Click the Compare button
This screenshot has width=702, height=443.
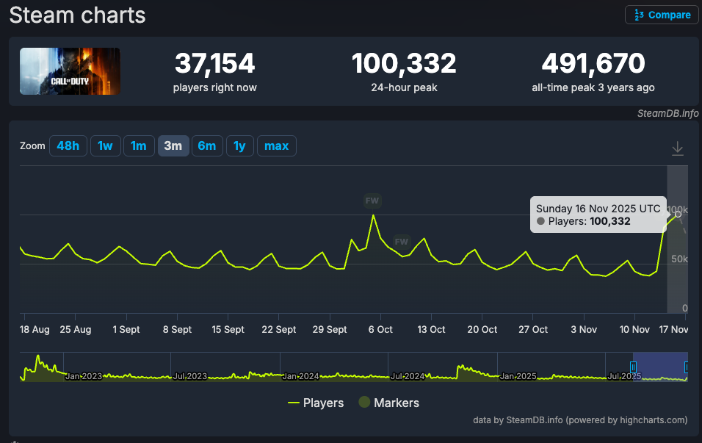click(x=662, y=15)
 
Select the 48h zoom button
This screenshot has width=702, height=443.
click(x=68, y=145)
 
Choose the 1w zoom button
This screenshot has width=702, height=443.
click(x=105, y=145)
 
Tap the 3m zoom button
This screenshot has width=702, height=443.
click(x=173, y=145)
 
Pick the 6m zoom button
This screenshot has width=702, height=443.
click(x=207, y=145)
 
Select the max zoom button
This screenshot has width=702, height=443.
click(x=276, y=145)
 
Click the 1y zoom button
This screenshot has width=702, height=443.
click(x=239, y=145)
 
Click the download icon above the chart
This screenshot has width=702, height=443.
click(x=677, y=149)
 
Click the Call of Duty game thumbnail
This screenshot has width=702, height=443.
click(x=70, y=71)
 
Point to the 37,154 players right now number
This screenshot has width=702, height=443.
click(x=214, y=64)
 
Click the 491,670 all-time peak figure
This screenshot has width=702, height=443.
click(x=593, y=64)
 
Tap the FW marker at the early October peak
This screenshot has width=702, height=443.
click(x=372, y=200)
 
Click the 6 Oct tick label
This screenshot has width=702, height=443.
click(x=380, y=330)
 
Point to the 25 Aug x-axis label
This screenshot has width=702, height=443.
click(x=76, y=330)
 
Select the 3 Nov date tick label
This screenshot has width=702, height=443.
click(x=584, y=330)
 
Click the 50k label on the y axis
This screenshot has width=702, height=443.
click(x=679, y=259)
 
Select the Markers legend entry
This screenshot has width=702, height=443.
click(x=388, y=403)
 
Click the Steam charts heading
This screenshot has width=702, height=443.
click(x=77, y=15)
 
